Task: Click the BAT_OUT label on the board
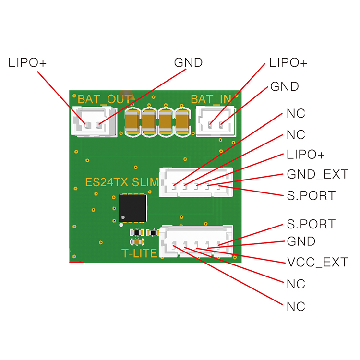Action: [104, 99]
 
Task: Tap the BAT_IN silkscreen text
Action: [211, 99]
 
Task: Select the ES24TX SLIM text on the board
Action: [121, 182]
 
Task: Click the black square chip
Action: [132, 208]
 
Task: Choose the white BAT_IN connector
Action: [215, 122]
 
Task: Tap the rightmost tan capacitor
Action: [182, 121]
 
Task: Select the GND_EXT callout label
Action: [317, 174]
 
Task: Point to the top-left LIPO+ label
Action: [27, 63]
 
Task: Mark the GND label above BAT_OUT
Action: [188, 63]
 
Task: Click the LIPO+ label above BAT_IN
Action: [288, 63]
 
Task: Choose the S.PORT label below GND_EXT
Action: [311, 196]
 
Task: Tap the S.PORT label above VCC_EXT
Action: [311, 224]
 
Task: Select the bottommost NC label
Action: [296, 306]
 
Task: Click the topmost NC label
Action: [296, 114]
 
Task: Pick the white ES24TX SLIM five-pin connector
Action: [196, 182]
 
